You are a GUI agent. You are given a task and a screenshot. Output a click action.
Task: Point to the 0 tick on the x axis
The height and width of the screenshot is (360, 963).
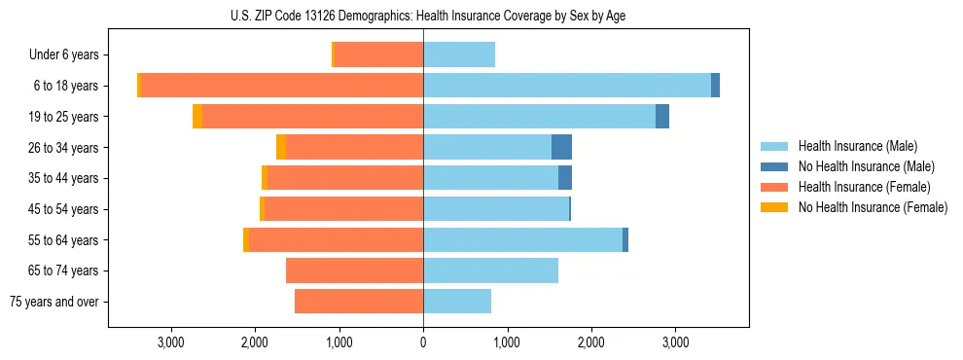(x=423, y=342)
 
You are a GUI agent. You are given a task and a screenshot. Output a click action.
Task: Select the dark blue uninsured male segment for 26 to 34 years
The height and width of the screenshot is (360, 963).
(x=561, y=147)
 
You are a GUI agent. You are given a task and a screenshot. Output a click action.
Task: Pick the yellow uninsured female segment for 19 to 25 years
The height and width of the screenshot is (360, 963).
(x=197, y=117)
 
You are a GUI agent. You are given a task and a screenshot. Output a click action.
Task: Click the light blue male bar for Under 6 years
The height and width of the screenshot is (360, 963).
(x=459, y=54)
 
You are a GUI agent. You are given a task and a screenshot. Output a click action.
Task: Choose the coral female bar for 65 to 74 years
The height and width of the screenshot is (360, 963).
(x=354, y=270)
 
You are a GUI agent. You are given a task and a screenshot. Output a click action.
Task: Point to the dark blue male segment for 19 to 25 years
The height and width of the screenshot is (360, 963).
(x=662, y=117)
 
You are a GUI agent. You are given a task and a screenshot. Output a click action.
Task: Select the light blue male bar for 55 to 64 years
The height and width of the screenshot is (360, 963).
(x=522, y=239)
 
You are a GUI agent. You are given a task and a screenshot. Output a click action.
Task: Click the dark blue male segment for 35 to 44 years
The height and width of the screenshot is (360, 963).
(x=565, y=178)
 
